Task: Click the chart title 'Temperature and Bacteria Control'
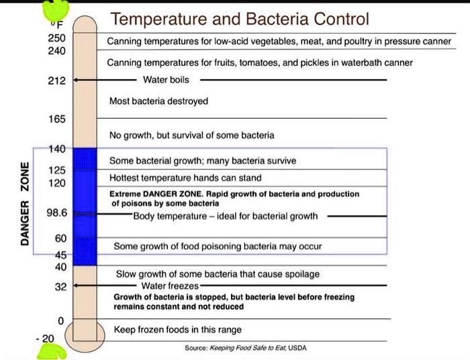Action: click(x=240, y=19)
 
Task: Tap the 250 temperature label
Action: click(x=56, y=38)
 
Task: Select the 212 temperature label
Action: click(x=56, y=81)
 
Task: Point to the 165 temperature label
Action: click(x=56, y=120)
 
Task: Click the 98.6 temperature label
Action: click(x=56, y=214)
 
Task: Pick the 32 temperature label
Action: click(x=60, y=286)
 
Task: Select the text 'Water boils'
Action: click(x=167, y=80)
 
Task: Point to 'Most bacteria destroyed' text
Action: click(x=158, y=101)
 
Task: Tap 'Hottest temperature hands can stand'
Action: click(x=185, y=179)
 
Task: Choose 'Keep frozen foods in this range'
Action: click(x=177, y=330)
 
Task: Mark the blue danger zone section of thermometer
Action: click(x=85, y=207)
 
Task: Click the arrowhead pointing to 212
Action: click(x=75, y=80)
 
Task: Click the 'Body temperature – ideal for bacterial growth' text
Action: click(x=225, y=216)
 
